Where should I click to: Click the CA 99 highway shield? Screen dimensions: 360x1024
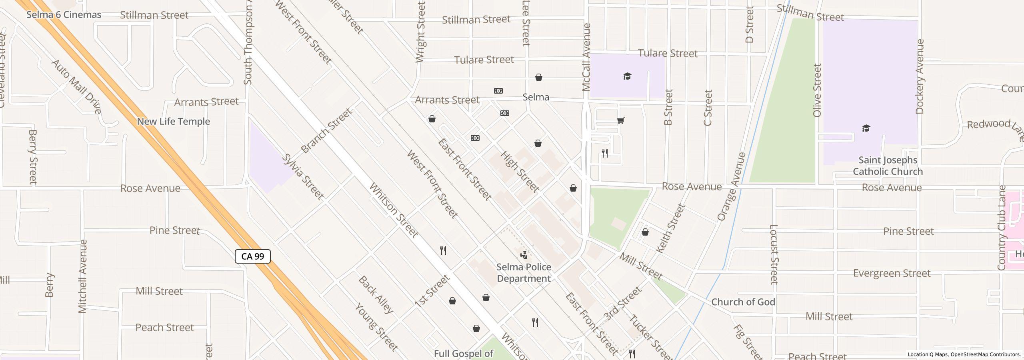pos(252,256)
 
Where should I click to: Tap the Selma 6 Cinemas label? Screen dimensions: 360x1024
pos(64,15)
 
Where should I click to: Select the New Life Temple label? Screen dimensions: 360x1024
pos(173,121)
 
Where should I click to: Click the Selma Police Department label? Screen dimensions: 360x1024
pos(524,273)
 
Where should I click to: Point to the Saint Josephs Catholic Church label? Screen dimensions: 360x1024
pos(888,166)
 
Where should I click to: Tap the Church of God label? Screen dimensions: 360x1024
pos(743,302)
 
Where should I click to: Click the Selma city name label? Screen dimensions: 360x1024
pos(536,97)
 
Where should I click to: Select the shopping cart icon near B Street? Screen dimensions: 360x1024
pos(620,120)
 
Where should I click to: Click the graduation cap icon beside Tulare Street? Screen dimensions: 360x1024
pos(627,76)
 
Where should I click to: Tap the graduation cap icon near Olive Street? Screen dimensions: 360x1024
pos(866,128)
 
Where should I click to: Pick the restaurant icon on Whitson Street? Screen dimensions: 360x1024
pos(443,250)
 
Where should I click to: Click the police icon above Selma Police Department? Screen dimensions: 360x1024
pos(523,255)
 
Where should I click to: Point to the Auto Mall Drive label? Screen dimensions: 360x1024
pos(76,87)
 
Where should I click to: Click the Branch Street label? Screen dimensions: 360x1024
pos(326,131)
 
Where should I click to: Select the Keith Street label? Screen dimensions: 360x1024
pos(671,228)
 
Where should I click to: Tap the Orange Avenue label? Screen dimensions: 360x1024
pos(732,186)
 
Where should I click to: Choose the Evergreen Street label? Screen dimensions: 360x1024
pos(892,273)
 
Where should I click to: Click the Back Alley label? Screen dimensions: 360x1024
pos(376,294)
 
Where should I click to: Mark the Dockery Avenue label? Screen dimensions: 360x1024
pos(920,76)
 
